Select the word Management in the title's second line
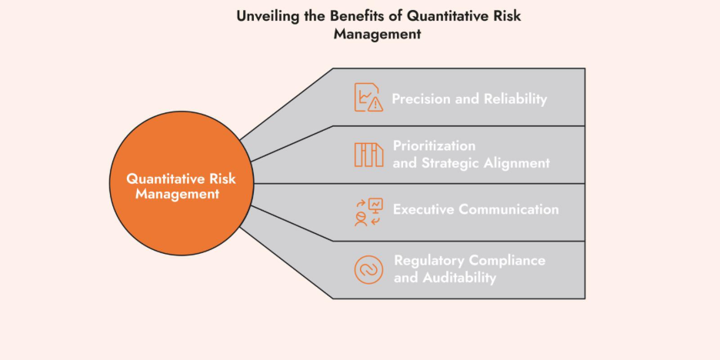pyautogui.click(x=377, y=34)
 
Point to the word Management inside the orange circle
pyautogui.click(x=178, y=195)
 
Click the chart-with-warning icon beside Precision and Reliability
pyautogui.click(x=368, y=98)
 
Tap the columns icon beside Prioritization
pyautogui.click(x=368, y=155)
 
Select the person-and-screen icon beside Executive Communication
pyautogui.click(x=368, y=212)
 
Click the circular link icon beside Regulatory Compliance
pyautogui.click(x=368, y=269)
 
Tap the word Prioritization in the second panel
pyautogui.click(x=435, y=145)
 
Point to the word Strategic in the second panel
pyautogui.click(x=449, y=162)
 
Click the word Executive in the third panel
pyautogui.click(x=423, y=209)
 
